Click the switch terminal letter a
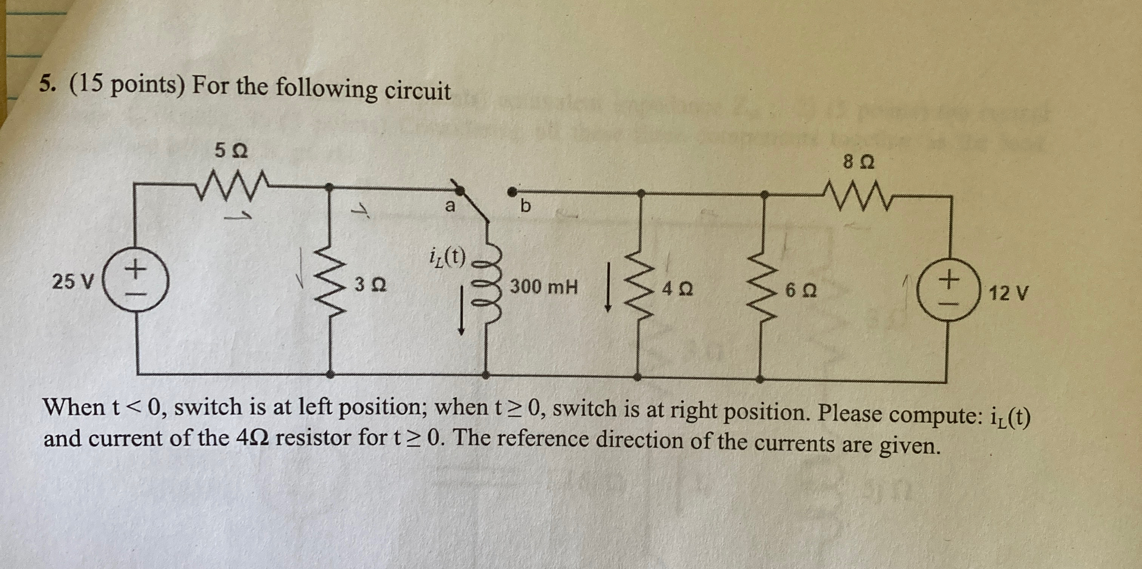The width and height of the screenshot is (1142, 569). click(450, 206)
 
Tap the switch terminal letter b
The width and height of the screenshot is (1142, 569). click(525, 206)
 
